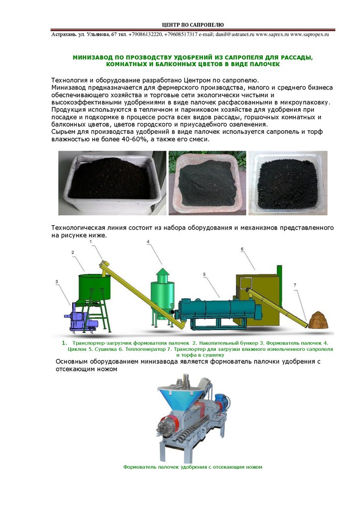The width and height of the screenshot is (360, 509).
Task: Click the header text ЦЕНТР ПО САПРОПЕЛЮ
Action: [193, 25]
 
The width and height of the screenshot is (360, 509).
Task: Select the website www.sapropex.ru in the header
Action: [310, 34]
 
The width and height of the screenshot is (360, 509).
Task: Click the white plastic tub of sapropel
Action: [112, 183]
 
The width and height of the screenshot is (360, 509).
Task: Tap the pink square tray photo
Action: [207, 183]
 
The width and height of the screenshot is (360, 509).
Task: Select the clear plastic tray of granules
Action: [288, 183]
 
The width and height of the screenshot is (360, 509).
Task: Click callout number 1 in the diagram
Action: [91, 242]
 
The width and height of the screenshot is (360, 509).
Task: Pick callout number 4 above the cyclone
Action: [148, 242]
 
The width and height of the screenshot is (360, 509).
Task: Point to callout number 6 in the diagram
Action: [242, 250]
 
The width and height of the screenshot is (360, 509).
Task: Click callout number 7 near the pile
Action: [295, 285]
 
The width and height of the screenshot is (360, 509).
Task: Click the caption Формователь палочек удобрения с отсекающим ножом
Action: [192, 467]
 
